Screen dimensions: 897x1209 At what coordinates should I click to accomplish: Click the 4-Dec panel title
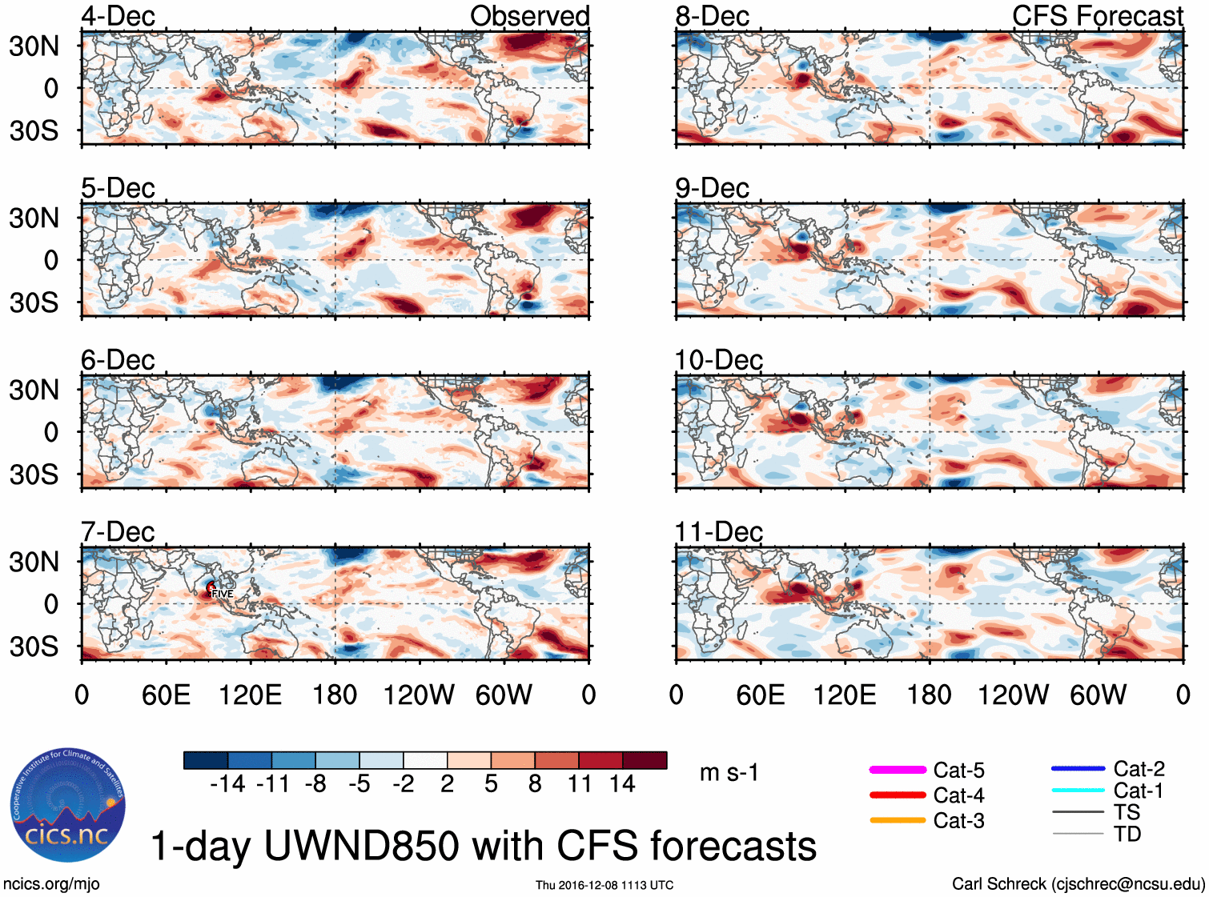118,16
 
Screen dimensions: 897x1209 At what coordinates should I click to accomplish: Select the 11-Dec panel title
718,532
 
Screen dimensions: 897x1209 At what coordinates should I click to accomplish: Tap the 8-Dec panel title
712,16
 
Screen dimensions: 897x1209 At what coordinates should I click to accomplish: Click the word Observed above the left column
529,16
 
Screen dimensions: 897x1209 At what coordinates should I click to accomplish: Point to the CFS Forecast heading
1097,16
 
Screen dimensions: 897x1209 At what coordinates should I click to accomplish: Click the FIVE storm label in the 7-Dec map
222,594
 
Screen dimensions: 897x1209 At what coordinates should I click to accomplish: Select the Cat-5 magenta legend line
898,770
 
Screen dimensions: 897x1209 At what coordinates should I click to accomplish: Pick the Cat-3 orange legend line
898,820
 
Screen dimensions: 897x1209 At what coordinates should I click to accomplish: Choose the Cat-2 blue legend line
1078,769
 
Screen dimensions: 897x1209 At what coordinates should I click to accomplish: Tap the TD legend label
1127,835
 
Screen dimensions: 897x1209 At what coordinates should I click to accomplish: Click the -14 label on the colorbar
227,784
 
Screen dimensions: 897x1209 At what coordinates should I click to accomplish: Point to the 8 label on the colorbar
535,784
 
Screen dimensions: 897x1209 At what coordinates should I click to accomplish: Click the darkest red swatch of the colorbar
645,760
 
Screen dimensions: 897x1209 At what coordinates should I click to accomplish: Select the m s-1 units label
729,773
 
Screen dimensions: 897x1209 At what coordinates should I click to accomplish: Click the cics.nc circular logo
68,805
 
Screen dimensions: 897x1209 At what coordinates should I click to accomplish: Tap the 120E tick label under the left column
250,695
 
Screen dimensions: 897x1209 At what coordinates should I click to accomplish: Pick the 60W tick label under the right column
1098,695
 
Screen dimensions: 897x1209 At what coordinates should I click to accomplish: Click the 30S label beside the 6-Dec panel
34,475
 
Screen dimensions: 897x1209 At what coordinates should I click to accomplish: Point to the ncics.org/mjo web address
51,884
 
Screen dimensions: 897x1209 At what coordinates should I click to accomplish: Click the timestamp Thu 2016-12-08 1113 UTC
604,885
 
